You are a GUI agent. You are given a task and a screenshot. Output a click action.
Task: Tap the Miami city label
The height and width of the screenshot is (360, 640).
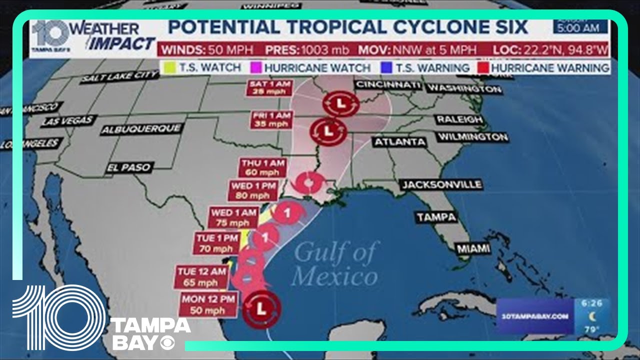[472, 248]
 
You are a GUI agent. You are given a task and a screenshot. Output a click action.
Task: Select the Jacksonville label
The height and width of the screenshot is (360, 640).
[441, 184]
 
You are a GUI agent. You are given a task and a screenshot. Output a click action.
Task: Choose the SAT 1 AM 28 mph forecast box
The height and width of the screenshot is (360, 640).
[269, 87]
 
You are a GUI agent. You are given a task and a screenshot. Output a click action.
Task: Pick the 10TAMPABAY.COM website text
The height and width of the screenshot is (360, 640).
[533, 316]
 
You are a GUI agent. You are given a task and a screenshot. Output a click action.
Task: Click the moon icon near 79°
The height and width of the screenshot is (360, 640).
[592, 316]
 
